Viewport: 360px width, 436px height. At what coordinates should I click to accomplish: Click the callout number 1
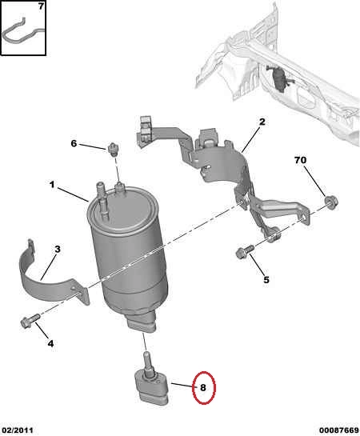(x=52, y=185)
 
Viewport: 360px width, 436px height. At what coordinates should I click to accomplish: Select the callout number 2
(x=262, y=122)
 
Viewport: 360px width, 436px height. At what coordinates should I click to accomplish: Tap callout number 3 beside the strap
(x=58, y=249)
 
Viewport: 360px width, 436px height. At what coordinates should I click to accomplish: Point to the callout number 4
(x=50, y=344)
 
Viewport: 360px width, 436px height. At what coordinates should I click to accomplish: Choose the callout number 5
(x=266, y=280)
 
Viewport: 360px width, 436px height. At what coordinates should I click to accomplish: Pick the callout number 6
(x=74, y=143)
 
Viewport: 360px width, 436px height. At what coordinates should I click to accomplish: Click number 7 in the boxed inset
(x=41, y=6)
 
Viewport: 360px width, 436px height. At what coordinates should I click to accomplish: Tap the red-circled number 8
(x=203, y=388)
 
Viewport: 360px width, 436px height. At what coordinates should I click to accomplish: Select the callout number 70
(x=300, y=160)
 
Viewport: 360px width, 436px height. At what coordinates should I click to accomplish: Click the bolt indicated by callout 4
(x=30, y=321)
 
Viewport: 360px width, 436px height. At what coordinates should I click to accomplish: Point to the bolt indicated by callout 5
(x=245, y=251)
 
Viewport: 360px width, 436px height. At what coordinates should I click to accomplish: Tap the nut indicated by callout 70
(x=331, y=202)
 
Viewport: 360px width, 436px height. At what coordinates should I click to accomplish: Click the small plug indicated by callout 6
(x=113, y=150)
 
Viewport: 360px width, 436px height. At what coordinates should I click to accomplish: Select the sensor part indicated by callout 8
(x=151, y=385)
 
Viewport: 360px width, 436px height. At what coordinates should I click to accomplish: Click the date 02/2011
(x=17, y=430)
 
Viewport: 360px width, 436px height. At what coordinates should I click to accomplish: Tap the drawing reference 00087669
(x=339, y=430)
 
